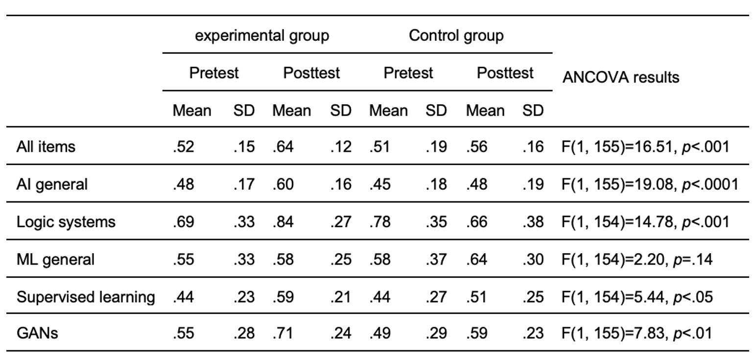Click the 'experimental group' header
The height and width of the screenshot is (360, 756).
coord(262,36)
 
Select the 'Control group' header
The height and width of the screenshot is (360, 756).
coord(456,36)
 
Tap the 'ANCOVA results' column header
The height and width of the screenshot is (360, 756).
coord(620,77)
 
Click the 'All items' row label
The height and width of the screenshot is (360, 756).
coord(46,146)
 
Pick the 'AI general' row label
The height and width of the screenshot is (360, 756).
coord(52,184)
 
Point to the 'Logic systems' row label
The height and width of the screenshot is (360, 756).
coord(66,222)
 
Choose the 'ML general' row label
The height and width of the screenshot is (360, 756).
coord(55,259)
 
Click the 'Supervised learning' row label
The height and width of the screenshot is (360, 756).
coord(86,297)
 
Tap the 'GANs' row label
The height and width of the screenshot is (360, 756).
coord(37,333)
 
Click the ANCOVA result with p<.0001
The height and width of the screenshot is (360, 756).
coord(649,184)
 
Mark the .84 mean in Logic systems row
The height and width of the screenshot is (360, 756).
coord(283,222)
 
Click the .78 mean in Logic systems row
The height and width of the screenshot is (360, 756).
coord(379,222)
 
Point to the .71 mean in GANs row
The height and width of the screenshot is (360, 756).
coord(283,333)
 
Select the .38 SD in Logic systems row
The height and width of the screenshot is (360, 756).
coord(533,222)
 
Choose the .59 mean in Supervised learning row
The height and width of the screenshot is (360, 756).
coord(283,297)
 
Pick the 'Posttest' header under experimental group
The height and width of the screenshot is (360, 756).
coord(311,73)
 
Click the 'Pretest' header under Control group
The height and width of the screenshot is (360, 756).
coord(408,73)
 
